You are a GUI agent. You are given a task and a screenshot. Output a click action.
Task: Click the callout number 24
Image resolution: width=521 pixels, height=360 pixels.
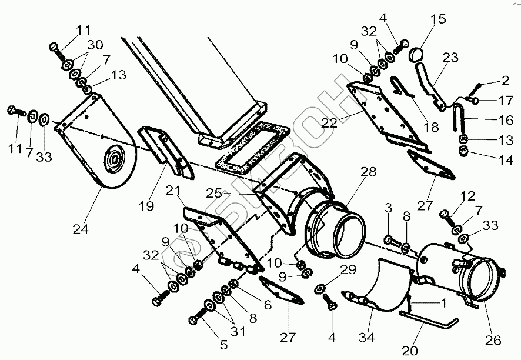pyautogui.click(x=81, y=229)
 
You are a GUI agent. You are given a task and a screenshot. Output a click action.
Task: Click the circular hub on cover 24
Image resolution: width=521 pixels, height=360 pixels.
pyautogui.click(x=113, y=160)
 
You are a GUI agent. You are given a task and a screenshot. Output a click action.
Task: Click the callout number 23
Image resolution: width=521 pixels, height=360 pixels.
pyautogui.click(x=451, y=58)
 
